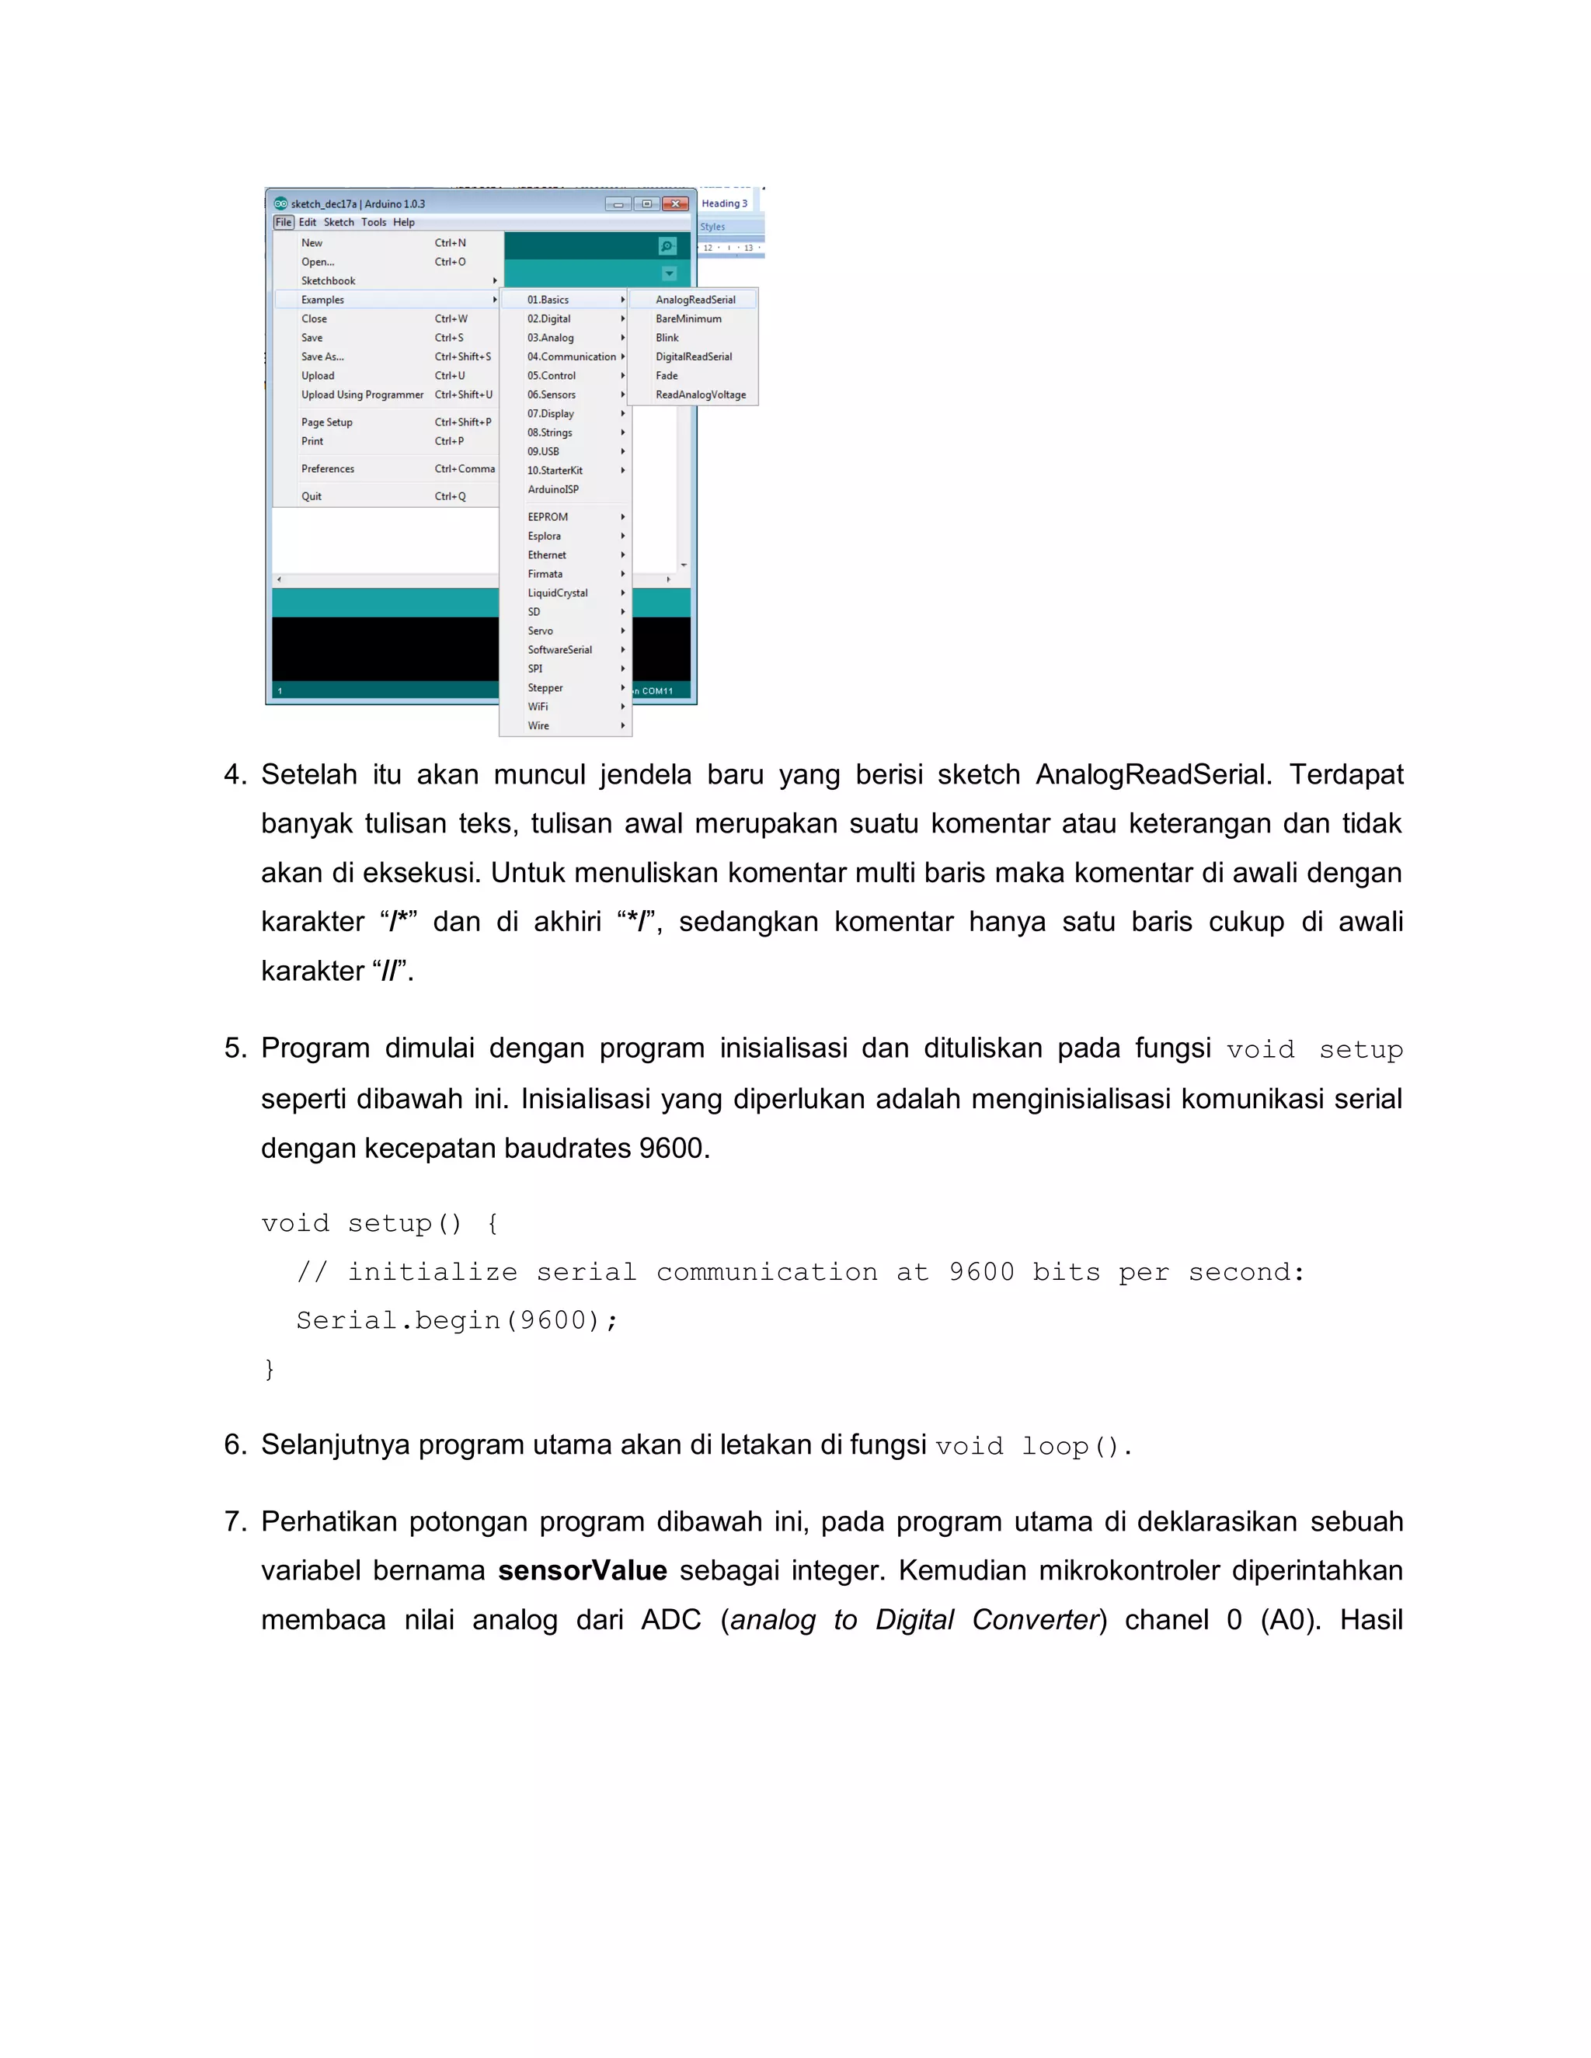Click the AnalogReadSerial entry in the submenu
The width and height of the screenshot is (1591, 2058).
tap(695, 300)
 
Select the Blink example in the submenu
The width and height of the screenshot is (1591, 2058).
tap(667, 337)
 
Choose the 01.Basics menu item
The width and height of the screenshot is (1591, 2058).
tap(548, 300)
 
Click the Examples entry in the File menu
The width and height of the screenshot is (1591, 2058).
tap(323, 300)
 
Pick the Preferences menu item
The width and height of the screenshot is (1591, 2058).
tap(328, 468)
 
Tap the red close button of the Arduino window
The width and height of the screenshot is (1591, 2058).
tap(675, 203)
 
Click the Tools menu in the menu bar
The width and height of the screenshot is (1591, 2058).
tap(373, 222)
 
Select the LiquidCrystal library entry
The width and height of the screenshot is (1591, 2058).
tap(558, 593)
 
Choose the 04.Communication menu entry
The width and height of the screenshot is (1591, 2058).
tap(571, 356)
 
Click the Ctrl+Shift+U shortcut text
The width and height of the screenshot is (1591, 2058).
tap(464, 395)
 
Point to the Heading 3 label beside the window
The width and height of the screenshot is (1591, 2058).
tap(724, 203)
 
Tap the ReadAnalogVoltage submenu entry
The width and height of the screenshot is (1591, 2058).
tap(700, 395)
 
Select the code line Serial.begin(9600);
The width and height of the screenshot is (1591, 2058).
tap(457, 1320)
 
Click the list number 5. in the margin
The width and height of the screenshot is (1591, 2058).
tap(235, 1048)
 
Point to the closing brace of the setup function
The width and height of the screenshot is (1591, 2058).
tap(270, 1368)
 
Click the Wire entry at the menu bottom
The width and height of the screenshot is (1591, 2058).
tap(538, 725)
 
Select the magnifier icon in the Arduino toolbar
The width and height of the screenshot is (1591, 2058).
tap(667, 246)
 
